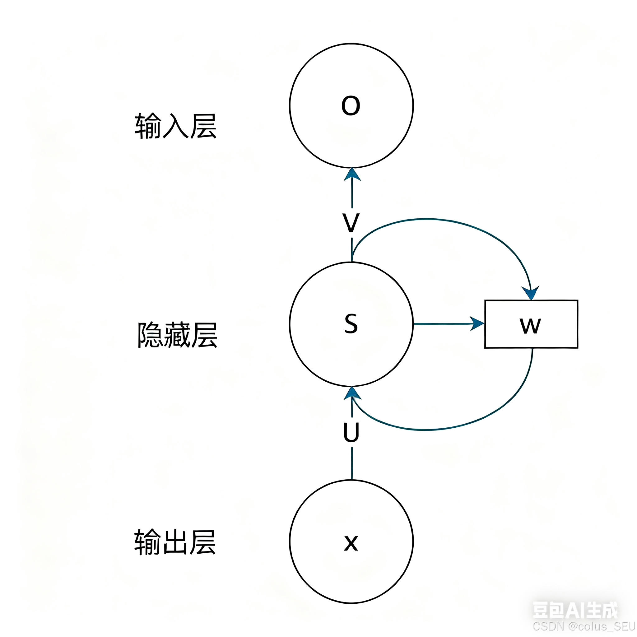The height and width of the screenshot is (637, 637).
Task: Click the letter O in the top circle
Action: coord(351,106)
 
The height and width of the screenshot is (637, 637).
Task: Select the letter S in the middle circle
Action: coord(351,324)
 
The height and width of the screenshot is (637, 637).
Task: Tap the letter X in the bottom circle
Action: coord(351,543)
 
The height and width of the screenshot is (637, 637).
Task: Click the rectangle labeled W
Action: coord(531,324)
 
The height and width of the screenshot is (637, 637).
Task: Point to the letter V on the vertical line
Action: coord(351,223)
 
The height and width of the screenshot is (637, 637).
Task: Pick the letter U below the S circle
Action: coord(351,432)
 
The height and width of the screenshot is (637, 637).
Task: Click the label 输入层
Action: coord(176,126)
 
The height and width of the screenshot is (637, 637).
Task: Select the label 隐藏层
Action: coord(177,335)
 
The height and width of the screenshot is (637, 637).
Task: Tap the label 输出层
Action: coord(175,542)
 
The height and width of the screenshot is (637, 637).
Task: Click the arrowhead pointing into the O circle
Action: coord(352,175)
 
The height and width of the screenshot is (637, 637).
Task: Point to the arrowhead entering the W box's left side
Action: coord(477,324)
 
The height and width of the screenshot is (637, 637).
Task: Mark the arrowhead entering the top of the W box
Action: coord(531,293)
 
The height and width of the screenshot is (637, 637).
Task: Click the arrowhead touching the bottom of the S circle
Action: coord(352,393)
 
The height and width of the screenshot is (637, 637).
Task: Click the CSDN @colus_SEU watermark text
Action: coord(584,626)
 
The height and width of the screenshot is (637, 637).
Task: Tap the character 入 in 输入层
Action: coord(176,126)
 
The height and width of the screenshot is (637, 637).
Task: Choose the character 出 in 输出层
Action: coord(175,542)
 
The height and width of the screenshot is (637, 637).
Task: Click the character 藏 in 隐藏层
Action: coord(177,335)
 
